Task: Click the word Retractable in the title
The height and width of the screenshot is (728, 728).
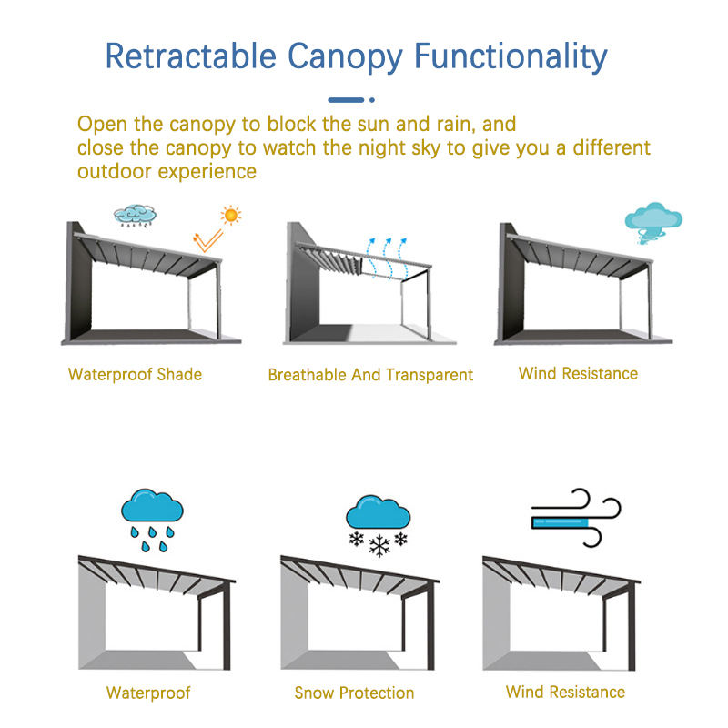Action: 191,56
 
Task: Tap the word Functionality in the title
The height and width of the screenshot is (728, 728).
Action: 511,57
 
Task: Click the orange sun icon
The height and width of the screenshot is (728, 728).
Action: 231,215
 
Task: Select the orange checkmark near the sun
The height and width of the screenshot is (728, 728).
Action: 207,241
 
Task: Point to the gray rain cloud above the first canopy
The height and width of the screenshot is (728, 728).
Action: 135,216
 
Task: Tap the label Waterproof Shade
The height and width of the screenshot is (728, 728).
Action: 135,374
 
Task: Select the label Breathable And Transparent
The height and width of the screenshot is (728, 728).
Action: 370,375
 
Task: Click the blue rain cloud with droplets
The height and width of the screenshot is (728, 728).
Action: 152,520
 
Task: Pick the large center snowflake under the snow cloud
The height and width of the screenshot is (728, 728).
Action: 379,545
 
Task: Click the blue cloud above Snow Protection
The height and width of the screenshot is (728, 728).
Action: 378,511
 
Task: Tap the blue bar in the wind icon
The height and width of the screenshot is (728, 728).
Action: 560,523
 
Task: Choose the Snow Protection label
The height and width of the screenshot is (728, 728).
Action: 354,693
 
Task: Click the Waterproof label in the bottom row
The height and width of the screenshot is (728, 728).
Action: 148,693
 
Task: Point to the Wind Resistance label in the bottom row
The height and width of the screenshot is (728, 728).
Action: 565,692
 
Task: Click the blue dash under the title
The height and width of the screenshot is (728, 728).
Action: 346,100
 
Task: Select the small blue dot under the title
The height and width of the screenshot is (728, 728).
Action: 372,100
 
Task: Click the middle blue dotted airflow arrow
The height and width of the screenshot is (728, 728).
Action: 386,258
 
